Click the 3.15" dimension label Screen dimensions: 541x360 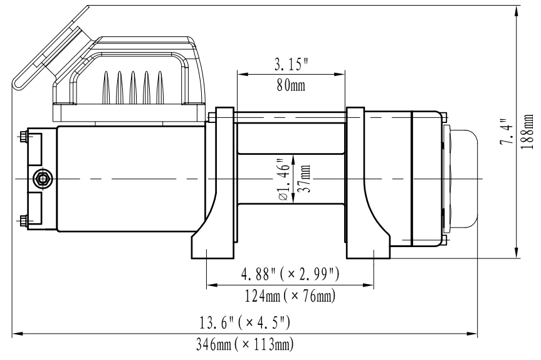(x=291, y=65)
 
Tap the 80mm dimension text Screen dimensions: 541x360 (x=291, y=85)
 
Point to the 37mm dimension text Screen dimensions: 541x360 (x=304, y=178)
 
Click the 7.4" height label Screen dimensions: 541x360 (x=507, y=132)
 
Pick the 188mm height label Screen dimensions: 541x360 (x=527, y=132)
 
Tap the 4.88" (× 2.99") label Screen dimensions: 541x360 (x=290, y=274)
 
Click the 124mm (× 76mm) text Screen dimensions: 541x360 (x=290, y=296)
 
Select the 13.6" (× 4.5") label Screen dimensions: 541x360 (x=244, y=323)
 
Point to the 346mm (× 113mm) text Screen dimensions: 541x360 (x=244, y=344)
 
